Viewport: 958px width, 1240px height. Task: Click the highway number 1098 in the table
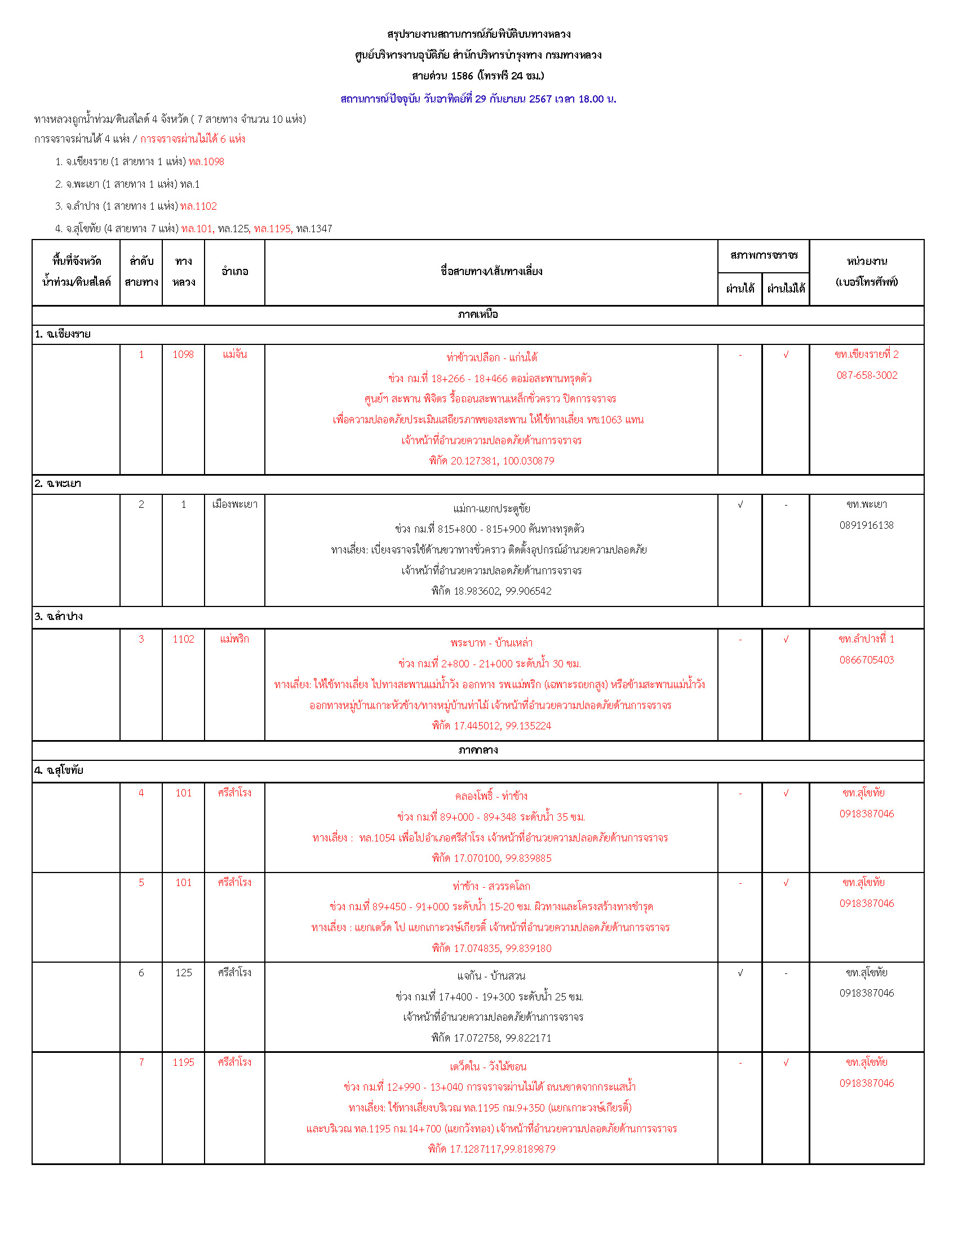(183, 355)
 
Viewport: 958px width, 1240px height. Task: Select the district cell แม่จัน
(234, 355)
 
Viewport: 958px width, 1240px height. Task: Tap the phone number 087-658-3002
(867, 375)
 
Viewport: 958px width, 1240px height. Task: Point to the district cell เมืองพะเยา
(234, 505)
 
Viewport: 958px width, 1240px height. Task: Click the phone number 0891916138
(867, 525)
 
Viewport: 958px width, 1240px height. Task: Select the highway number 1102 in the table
(183, 639)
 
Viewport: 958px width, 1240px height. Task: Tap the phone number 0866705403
(867, 660)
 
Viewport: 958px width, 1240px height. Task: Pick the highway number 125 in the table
(183, 973)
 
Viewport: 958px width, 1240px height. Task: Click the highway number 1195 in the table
(183, 1063)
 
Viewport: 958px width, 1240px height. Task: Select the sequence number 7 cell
(141, 1063)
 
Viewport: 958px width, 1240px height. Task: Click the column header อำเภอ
(234, 272)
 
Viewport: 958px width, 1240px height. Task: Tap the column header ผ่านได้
(740, 289)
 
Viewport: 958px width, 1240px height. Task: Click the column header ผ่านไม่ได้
(786, 289)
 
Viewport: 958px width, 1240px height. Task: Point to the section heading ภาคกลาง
(478, 750)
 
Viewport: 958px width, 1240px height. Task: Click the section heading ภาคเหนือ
(478, 315)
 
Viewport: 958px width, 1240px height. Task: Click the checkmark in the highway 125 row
(740, 973)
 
